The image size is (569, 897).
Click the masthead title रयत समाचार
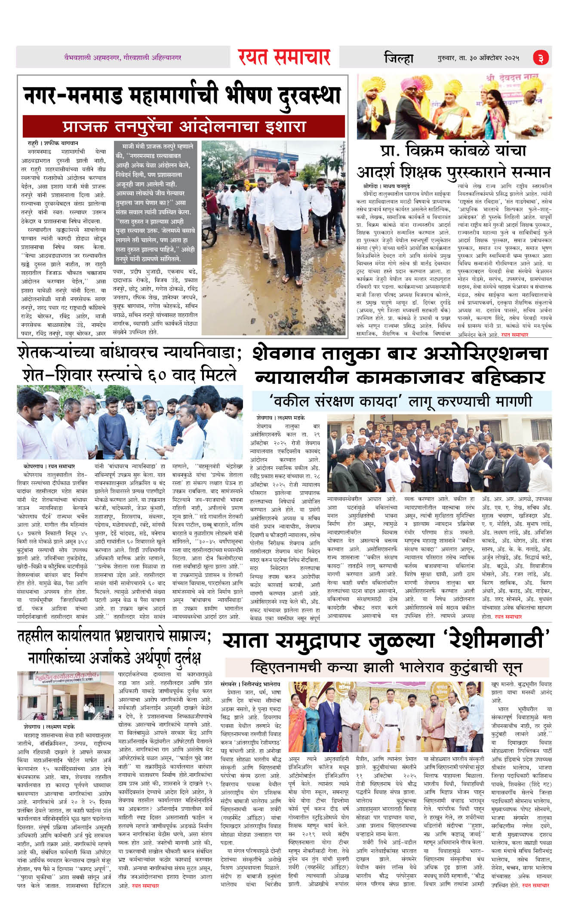(x=284, y=57)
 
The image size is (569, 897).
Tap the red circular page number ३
(x=541, y=58)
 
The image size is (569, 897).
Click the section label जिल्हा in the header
(x=398, y=58)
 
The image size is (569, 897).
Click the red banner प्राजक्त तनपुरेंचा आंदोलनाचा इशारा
(x=184, y=126)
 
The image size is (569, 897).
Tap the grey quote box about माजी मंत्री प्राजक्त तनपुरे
(x=155, y=202)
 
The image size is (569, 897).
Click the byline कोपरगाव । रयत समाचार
(x=49, y=466)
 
